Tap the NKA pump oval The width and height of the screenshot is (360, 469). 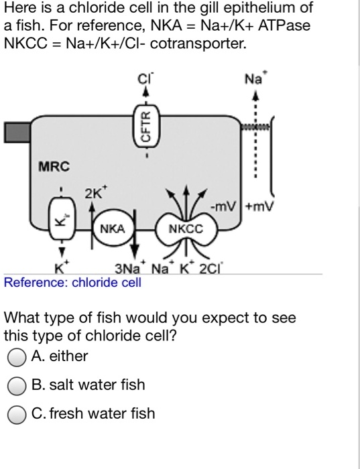(113, 229)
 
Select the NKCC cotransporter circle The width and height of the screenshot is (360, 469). (184, 229)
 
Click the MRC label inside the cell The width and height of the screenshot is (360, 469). (53, 165)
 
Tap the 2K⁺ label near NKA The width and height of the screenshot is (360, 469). (94, 195)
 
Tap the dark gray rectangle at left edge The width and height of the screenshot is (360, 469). (17, 132)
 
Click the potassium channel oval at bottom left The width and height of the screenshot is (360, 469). (61, 217)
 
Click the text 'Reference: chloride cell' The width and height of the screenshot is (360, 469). (72, 283)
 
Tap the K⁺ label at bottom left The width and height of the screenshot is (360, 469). (60, 269)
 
